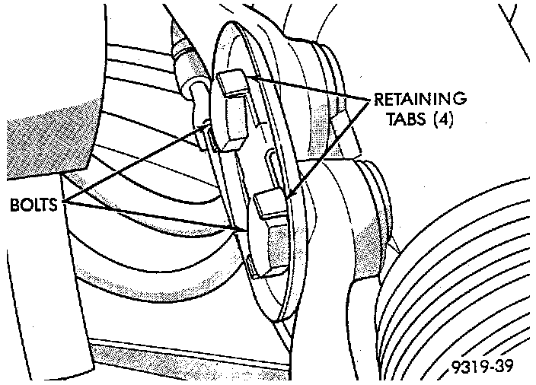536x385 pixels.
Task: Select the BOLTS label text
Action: click(35, 205)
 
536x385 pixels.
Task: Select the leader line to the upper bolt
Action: click(137, 164)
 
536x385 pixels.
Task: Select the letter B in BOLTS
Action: click(15, 205)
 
